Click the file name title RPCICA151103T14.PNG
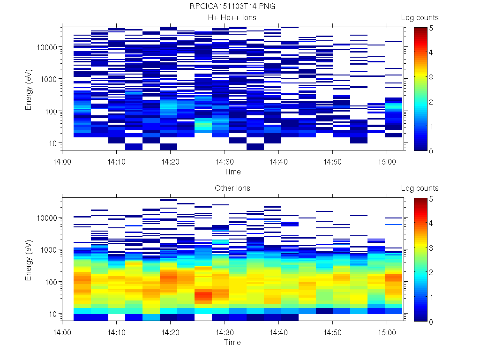pos(232,7)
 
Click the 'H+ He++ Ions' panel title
pos(232,18)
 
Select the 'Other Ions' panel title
pos(232,188)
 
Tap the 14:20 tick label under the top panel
pos(170,161)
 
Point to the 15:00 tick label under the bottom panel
pos(387,331)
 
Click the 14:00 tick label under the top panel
pos(62,161)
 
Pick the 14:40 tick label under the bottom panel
pos(279,331)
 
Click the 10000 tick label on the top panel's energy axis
pos(47,47)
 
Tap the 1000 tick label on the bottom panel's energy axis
pos(49,250)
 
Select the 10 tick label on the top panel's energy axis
pos(52,143)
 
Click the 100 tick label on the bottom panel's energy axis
pos(51,282)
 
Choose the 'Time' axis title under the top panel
pos(232,172)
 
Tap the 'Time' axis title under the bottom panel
pos(232,342)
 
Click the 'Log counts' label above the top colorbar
pos(420,18)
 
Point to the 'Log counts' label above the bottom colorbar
pos(420,188)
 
